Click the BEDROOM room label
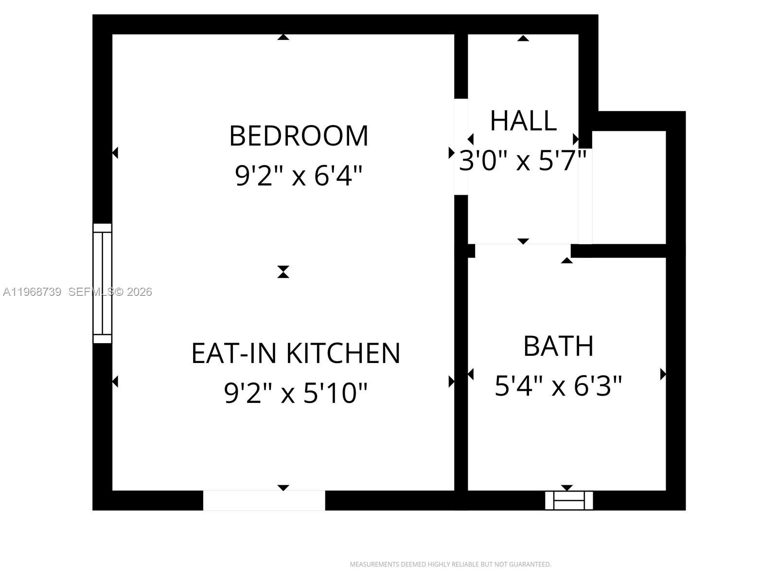(299, 136)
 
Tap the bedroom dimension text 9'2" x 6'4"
(299, 176)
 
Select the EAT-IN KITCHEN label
(296, 353)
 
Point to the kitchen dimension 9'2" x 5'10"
(296, 393)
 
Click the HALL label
(523, 121)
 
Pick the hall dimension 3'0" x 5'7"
(523, 160)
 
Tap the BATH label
(558, 347)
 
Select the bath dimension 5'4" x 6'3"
(558, 386)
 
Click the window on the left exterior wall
(102, 284)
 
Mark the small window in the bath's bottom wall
(568, 500)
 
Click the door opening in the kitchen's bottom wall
(264, 500)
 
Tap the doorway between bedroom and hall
(461, 146)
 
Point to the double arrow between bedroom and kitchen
(283, 272)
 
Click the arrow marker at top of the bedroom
(283, 37)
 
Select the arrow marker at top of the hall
(523, 38)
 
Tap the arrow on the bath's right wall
(663, 374)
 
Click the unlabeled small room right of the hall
(629, 187)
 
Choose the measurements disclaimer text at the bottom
(450, 565)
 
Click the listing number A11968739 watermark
(32, 292)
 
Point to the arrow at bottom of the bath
(567, 488)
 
